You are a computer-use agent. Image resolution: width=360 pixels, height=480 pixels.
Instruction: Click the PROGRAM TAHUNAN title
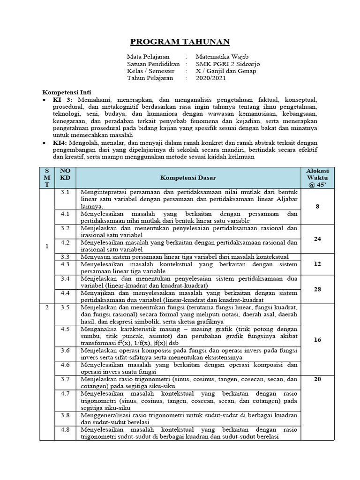pos(180,42)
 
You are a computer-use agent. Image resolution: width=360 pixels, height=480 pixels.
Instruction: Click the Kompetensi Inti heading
pos(67,92)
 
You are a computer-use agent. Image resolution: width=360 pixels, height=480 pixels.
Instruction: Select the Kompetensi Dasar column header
pos(188,178)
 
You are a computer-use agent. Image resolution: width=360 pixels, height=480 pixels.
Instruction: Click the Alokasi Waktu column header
pos(317,178)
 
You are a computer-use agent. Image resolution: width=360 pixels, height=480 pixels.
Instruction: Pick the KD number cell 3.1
pos(65,192)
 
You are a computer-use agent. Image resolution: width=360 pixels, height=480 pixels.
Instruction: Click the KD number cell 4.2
pos(65,243)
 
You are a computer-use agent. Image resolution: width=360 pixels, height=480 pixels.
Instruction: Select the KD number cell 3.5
pos(65,307)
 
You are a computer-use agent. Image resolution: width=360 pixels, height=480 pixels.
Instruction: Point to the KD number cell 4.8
pos(65,429)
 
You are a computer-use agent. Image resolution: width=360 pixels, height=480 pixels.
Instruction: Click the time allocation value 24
pos(317,239)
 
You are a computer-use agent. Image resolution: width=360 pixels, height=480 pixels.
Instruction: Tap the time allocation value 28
pos(317,289)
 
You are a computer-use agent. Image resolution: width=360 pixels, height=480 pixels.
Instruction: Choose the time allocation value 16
pos(317,339)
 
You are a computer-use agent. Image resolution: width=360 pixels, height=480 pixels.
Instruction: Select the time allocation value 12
pos(317,264)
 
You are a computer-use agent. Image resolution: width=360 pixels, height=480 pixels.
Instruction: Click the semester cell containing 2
pos(46,307)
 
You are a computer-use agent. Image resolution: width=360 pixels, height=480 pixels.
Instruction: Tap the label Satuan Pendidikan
pos(153,64)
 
